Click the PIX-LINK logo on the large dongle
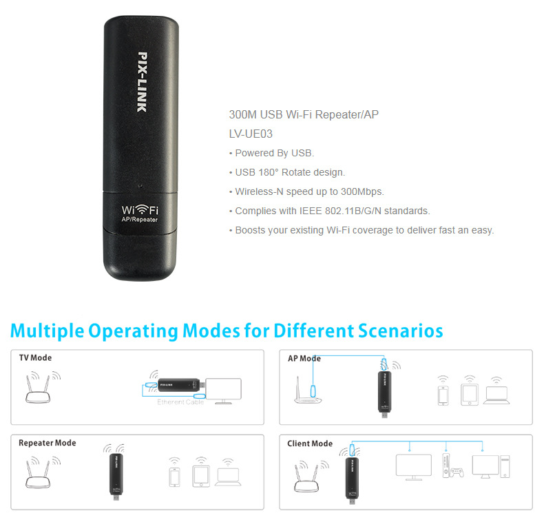143,82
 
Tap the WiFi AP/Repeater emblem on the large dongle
140,213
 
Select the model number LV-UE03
251,134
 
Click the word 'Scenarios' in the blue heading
400,331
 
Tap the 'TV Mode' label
35,357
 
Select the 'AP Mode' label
304,358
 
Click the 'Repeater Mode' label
48,443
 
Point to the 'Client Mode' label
310,443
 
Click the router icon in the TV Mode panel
38,389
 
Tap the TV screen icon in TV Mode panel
223,390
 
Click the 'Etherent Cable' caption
180,402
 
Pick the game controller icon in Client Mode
457,472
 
